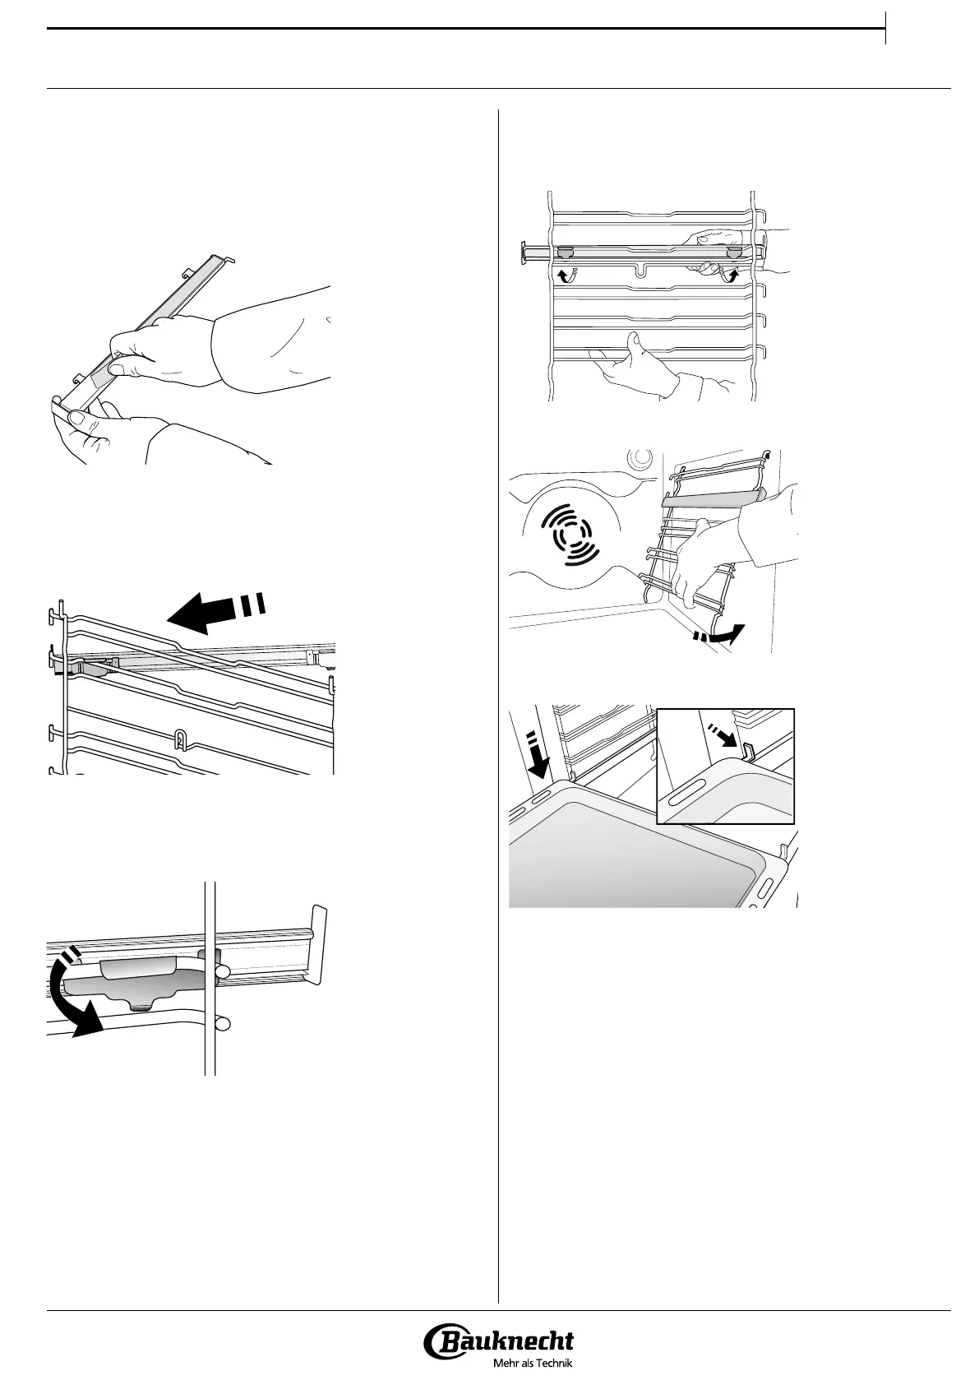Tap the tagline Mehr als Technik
coord(533,1363)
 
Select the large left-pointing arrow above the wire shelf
coord(215,609)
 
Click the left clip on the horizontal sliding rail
coord(566,252)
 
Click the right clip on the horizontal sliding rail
coord(734,252)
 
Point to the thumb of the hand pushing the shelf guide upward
coord(633,340)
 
